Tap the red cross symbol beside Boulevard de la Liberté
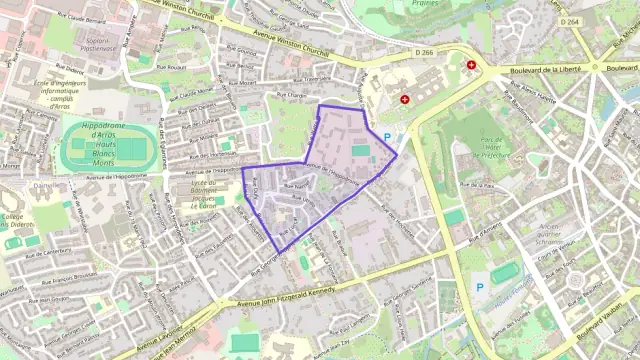tap(472, 65)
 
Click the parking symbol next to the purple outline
tap(387, 137)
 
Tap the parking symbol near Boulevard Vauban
tap(479, 287)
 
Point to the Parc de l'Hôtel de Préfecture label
tap(490, 147)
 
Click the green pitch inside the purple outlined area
tap(359, 150)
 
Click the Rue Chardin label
tap(289, 96)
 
